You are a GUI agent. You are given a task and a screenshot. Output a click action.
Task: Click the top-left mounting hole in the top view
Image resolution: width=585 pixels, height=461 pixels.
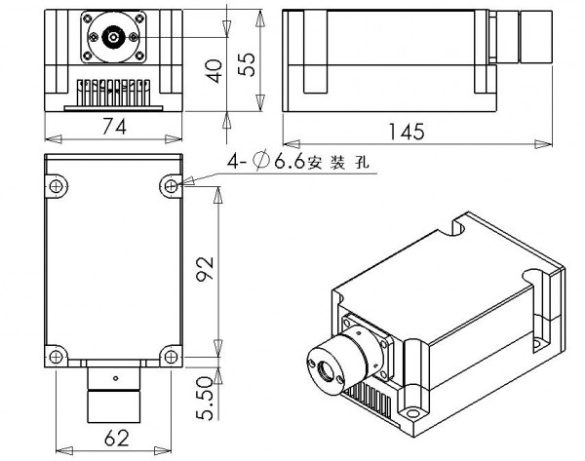tap(57, 184)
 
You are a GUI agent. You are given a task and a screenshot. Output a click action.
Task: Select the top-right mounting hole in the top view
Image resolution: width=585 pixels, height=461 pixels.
tap(172, 184)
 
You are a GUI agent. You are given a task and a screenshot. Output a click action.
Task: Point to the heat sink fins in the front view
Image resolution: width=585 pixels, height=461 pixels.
tap(114, 91)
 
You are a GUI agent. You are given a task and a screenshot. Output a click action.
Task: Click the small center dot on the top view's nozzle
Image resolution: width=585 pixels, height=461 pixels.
tap(115, 378)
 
